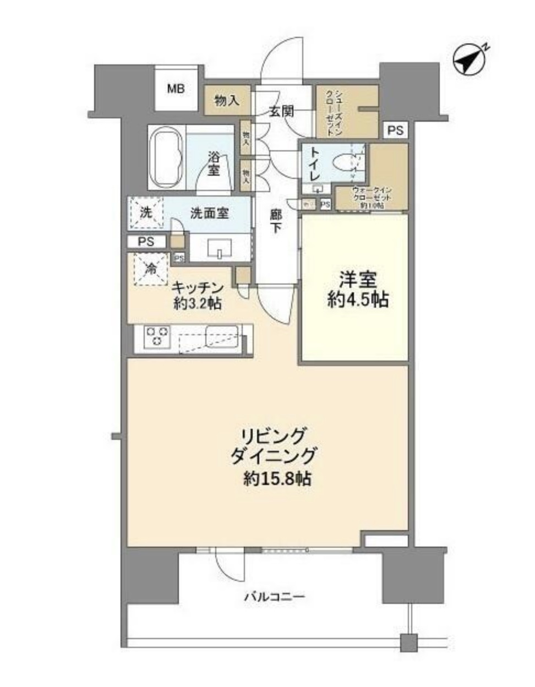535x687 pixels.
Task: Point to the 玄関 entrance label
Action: (281, 111)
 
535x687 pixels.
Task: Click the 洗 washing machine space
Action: (146, 212)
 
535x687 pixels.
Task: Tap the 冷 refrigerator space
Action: (150, 269)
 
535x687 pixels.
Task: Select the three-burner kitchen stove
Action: (156, 336)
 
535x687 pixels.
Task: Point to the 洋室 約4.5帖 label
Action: (358, 290)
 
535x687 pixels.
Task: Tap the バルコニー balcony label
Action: (274, 596)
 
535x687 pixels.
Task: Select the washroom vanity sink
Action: (220, 250)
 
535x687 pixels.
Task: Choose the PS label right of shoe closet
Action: (395, 130)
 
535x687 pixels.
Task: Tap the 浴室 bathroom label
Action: (214, 163)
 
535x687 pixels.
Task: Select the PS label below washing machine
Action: (146, 242)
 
